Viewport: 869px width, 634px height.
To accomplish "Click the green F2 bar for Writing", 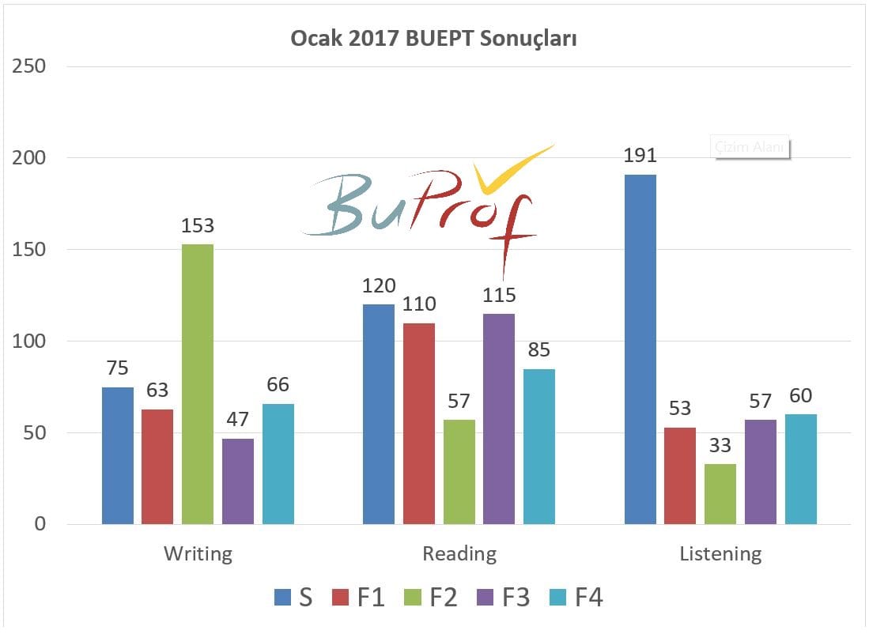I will pos(198,384).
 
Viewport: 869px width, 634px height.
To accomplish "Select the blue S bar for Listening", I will pos(640,349).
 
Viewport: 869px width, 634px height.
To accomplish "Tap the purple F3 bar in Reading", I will pos(499,419).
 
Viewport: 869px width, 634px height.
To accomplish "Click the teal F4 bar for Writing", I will pos(278,464).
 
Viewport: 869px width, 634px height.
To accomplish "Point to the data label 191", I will pos(640,156).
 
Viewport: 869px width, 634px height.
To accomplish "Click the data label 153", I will pos(198,226).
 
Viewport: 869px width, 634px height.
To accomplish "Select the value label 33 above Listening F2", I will pos(720,446).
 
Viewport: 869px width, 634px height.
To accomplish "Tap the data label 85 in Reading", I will pos(538,349).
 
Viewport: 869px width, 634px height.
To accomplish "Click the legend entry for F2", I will pos(433,597).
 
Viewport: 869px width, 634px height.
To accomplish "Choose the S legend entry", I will pos(294,597).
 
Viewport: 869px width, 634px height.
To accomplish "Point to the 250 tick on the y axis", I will pos(28,66).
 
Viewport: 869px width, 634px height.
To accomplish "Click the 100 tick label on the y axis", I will pos(28,342).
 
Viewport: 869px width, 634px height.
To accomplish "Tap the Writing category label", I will pos(198,553).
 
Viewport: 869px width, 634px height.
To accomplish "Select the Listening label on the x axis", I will pos(720,553).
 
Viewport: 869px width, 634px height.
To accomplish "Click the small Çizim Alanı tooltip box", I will pos(751,148).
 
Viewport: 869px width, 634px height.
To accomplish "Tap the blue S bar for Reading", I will pos(379,414).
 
